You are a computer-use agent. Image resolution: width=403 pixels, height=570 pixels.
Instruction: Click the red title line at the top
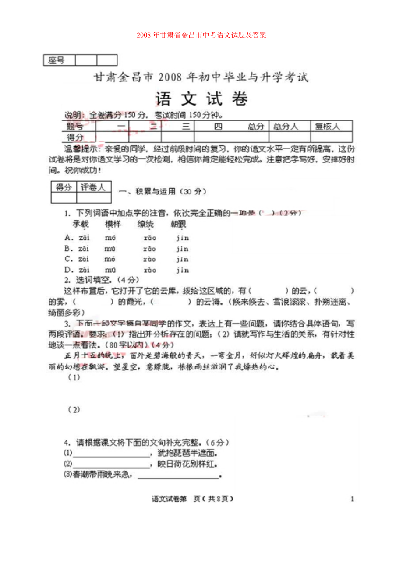(x=201, y=35)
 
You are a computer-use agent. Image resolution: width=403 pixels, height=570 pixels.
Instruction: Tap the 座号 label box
(x=60, y=60)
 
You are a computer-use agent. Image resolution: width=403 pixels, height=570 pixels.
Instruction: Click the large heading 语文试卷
(x=201, y=99)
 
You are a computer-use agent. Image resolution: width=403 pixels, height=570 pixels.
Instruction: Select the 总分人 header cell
(x=286, y=127)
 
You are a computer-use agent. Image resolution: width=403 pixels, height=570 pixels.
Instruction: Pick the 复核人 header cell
(x=328, y=127)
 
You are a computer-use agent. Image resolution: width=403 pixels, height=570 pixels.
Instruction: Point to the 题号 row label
(x=75, y=127)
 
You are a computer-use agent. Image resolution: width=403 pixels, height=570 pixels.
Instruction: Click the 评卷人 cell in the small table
(x=93, y=187)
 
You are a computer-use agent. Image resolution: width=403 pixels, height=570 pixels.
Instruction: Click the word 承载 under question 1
(x=81, y=225)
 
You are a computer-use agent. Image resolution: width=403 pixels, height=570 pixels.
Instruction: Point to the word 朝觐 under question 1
(x=178, y=225)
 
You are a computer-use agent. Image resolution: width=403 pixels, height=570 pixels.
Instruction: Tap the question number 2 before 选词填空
(x=67, y=280)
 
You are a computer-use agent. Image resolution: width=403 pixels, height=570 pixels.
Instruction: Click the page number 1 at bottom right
(x=352, y=499)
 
